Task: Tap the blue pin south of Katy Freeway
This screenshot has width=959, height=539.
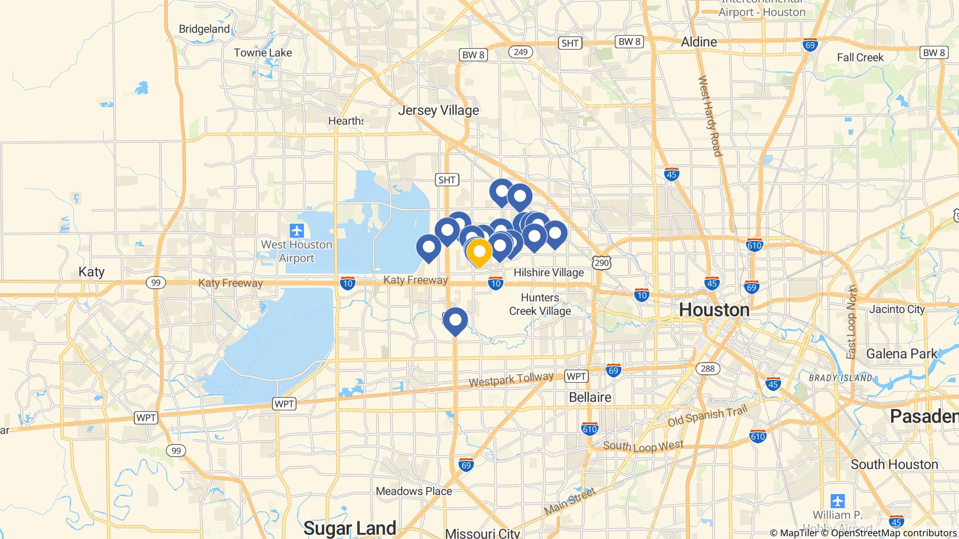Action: [x=455, y=320]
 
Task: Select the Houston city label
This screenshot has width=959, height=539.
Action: [x=714, y=310]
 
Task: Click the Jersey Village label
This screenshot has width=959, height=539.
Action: [x=438, y=110]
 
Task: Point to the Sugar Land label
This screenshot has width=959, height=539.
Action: [x=349, y=528]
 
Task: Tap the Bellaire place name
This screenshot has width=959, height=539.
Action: [x=590, y=397]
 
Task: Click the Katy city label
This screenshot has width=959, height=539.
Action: [x=91, y=272]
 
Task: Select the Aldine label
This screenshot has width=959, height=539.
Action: [x=699, y=42]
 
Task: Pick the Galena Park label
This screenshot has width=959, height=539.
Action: [x=901, y=354]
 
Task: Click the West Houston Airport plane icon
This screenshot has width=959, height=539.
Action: [x=297, y=231]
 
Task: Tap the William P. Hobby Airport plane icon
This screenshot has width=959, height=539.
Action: [x=837, y=501]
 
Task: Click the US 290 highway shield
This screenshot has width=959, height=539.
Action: [x=601, y=263]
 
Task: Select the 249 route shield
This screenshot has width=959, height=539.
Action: [x=520, y=52]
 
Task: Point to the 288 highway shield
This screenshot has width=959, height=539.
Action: [x=708, y=369]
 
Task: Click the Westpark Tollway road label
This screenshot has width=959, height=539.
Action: [x=511, y=379]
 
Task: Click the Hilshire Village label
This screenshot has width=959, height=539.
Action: [x=548, y=272]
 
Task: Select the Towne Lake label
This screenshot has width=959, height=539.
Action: [x=263, y=53]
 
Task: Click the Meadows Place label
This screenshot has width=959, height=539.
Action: [x=414, y=491]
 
